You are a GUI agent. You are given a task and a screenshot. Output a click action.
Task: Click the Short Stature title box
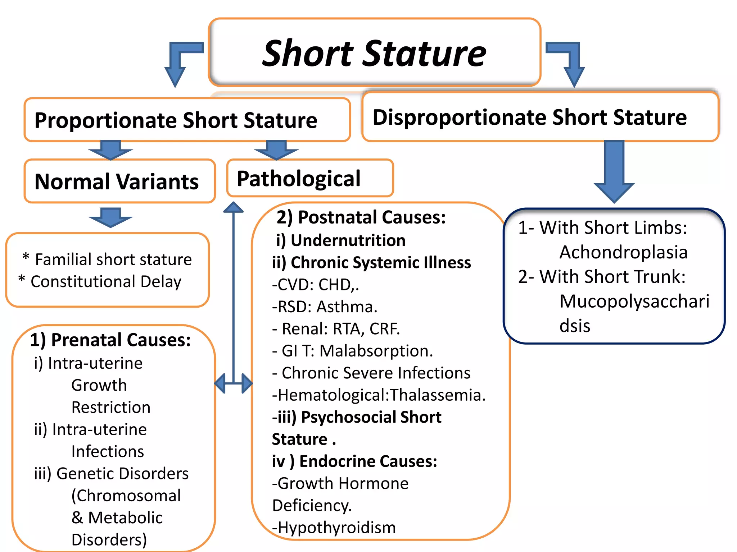pos(374,52)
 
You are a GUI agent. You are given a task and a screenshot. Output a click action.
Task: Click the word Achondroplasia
pos(623,252)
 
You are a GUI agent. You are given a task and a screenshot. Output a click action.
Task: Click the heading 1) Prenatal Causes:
pos(110,340)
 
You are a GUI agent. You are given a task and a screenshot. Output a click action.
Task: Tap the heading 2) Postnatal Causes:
pos(361,217)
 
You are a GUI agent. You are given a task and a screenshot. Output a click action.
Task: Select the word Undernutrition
pos(348,240)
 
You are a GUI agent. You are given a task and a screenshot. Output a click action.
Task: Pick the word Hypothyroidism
pos(336,528)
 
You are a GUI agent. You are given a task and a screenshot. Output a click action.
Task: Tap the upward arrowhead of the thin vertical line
pos(234,207)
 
